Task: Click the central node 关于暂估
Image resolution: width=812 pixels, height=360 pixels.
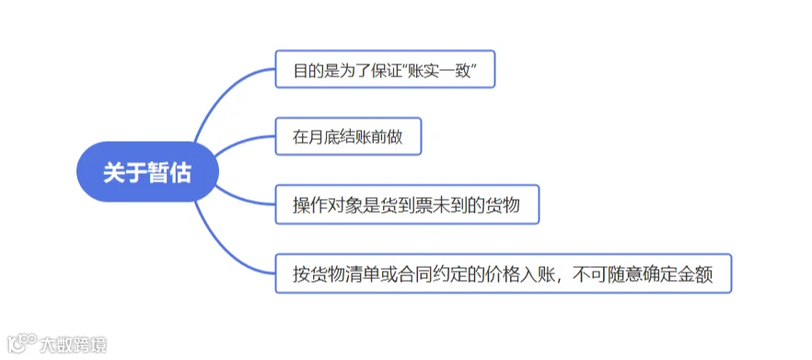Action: pyautogui.click(x=147, y=172)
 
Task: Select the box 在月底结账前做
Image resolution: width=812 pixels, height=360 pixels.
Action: pyautogui.click(x=348, y=136)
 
